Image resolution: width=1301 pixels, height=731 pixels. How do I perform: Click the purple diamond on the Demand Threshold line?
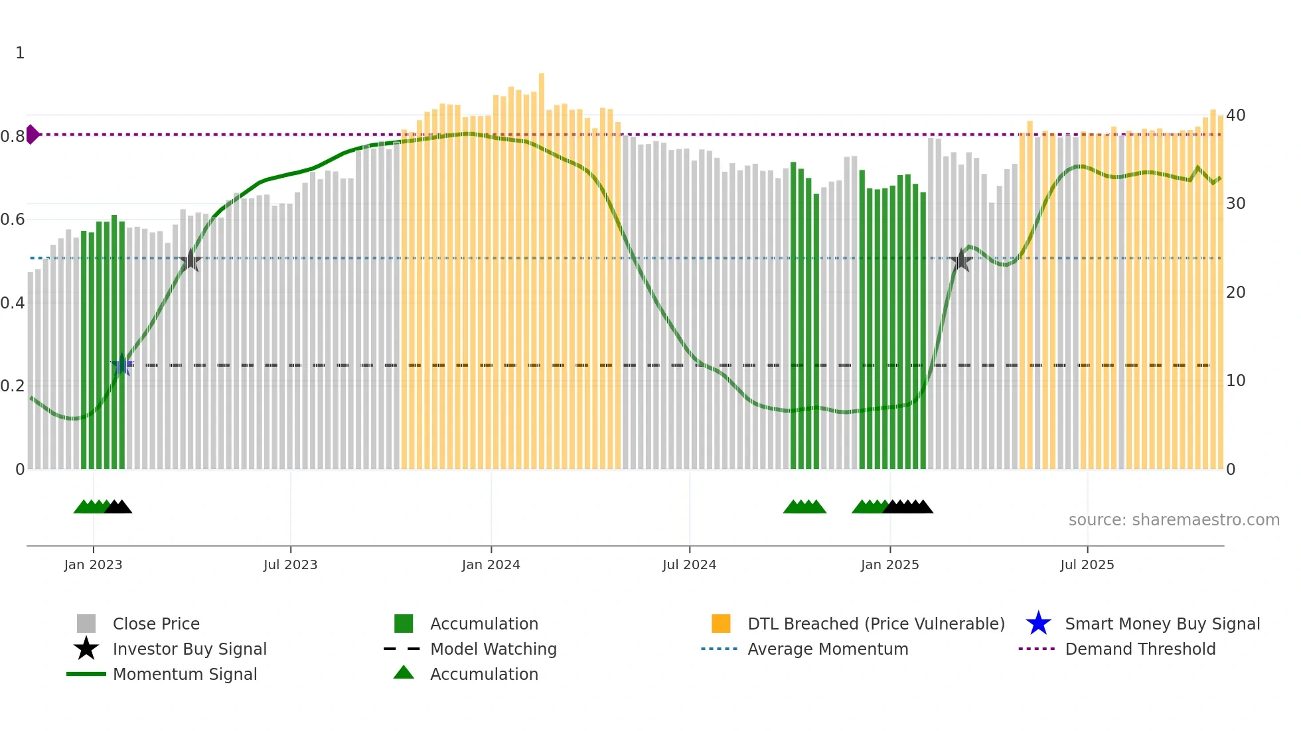coord(33,135)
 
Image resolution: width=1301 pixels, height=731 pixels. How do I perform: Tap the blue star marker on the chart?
coord(122,365)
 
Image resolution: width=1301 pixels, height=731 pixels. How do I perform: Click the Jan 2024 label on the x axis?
coord(491,565)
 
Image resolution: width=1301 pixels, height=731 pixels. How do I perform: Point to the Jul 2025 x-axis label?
coord(1087,565)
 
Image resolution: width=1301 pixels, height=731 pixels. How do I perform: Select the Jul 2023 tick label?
coord(291,565)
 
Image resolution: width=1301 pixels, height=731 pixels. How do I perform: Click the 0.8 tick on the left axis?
coord(13,137)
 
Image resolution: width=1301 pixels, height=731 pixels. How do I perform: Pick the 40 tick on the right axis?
coord(1235,115)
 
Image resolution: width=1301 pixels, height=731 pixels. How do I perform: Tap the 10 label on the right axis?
coord(1235,381)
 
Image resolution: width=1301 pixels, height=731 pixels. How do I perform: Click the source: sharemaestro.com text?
coord(1174,520)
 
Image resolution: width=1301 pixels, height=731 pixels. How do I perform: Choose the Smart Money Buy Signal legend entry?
coord(1162,624)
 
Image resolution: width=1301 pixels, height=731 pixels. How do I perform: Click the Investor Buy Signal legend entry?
coord(189,649)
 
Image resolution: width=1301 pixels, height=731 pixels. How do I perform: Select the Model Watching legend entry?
coord(493,649)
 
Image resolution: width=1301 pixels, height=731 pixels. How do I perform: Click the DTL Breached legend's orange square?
coord(721,624)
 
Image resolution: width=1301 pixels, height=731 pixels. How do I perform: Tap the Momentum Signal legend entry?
coord(185,675)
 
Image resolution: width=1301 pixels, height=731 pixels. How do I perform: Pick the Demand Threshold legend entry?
coord(1140,649)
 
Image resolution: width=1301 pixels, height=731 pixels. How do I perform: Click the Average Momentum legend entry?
coord(827,649)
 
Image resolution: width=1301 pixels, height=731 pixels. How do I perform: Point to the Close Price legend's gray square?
coord(86,624)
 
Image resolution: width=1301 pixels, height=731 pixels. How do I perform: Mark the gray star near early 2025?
coord(960,260)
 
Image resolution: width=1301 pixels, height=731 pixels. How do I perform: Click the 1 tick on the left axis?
coord(20,53)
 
